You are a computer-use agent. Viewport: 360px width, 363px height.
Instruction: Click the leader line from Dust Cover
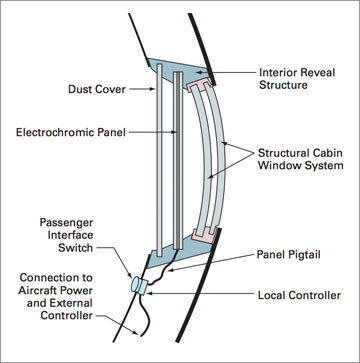coord(137,87)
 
